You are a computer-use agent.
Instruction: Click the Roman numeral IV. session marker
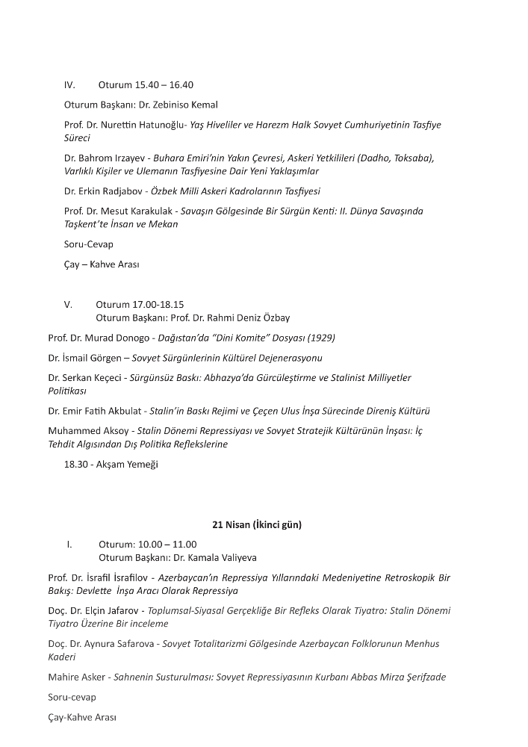(x=69, y=85)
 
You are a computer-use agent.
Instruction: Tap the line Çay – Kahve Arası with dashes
(x=102, y=264)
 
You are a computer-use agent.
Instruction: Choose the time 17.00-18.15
(x=158, y=305)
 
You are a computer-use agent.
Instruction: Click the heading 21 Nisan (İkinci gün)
(x=257, y=525)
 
